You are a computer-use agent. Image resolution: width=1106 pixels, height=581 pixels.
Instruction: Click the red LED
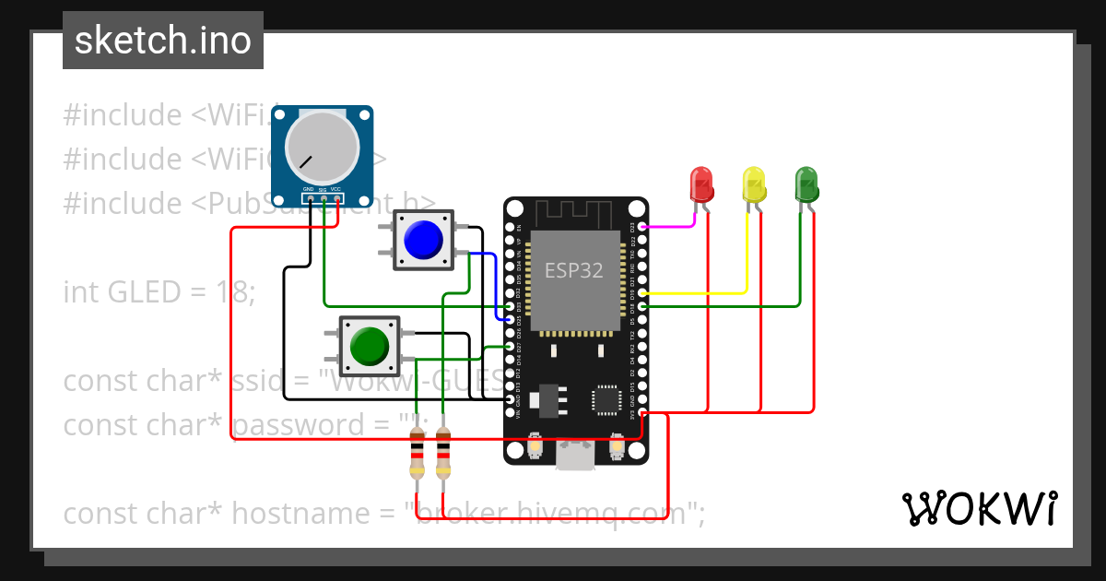click(701, 184)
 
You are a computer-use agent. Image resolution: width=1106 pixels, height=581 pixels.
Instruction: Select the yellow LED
click(754, 184)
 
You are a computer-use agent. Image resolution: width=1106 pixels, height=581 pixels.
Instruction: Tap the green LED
click(806, 184)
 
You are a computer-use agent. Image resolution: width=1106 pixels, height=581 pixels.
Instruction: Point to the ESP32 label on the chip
click(573, 270)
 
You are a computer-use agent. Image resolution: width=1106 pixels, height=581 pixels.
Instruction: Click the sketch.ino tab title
click(163, 41)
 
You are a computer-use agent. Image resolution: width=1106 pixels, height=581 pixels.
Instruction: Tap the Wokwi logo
click(978, 508)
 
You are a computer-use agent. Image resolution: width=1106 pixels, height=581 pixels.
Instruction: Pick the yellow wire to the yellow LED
click(700, 292)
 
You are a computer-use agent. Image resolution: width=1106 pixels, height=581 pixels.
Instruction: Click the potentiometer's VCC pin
click(337, 198)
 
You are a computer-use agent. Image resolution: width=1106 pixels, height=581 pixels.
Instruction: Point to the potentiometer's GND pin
click(310, 198)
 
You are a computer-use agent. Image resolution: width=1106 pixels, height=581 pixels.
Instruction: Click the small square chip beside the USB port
click(607, 399)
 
